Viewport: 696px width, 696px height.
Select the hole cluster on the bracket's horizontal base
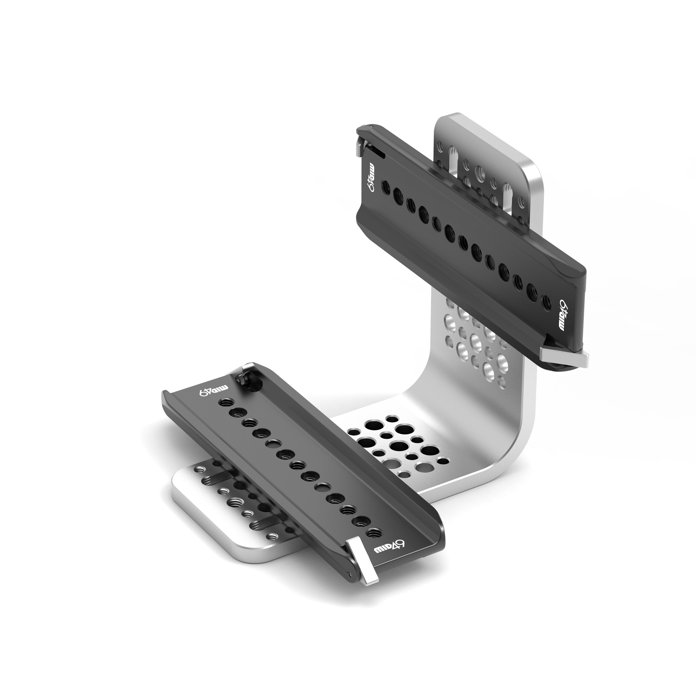coord(396,447)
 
